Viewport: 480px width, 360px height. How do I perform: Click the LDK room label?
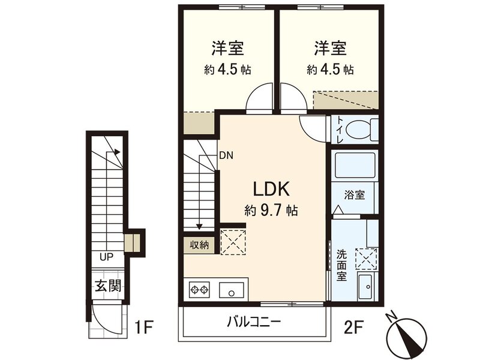pyautogui.click(x=271, y=189)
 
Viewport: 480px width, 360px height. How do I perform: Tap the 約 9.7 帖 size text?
pyautogui.click(x=271, y=211)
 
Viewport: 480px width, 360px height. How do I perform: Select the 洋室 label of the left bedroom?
pyautogui.click(x=226, y=47)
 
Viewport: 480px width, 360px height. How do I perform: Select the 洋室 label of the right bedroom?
pyautogui.click(x=329, y=47)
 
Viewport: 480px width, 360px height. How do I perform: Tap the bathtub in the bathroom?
pyautogui.click(x=354, y=167)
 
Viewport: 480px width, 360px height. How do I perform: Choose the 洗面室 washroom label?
pyautogui.click(x=341, y=265)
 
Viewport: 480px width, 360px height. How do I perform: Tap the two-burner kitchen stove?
pyautogui.click(x=200, y=290)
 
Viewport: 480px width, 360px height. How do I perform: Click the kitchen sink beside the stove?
pyautogui.click(x=231, y=290)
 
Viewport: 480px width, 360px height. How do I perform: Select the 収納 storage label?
pyautogui.click(x=200, y=245)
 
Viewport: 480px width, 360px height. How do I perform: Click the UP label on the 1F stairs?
pyautogui.click(x=106, y=257)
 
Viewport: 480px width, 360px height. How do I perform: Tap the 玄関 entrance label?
pyautogui.click(x=107, y=286)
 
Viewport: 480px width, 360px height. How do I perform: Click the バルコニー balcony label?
pyautogui.click(x=254, y=322)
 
